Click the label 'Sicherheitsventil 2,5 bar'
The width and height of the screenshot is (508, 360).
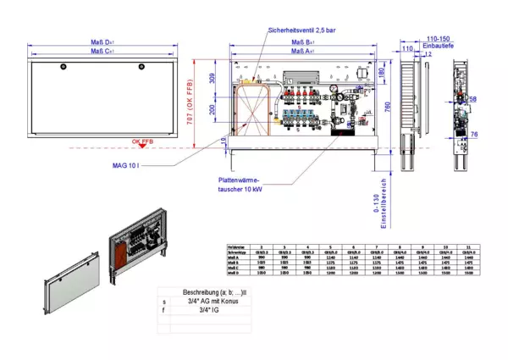point(301,30)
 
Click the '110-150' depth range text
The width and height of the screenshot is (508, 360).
point(438,39)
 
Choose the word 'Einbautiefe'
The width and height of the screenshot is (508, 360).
point(438,47)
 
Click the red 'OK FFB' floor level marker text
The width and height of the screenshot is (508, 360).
point(142,141)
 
